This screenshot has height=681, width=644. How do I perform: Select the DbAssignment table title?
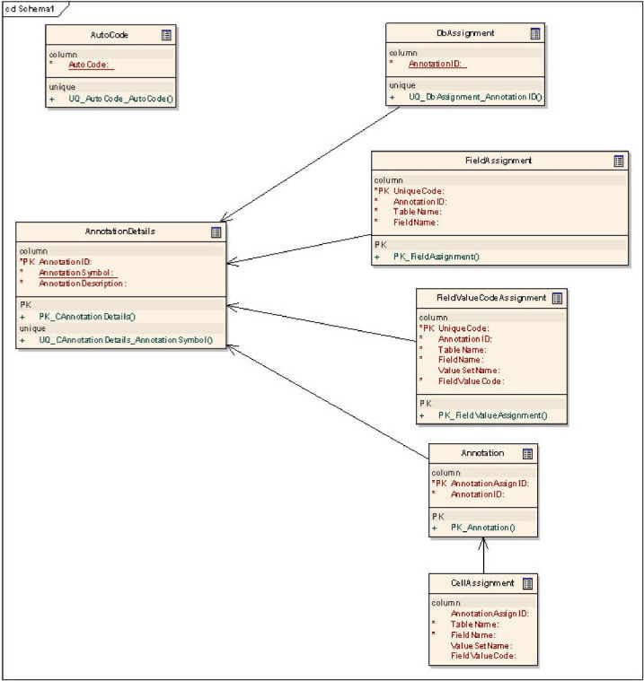point(453,32)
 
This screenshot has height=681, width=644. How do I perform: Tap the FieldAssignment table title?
point(493,161)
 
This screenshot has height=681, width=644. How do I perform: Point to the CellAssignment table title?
point(471,583)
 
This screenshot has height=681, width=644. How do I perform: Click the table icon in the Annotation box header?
point(527,454)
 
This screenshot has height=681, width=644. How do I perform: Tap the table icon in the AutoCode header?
point(166,35)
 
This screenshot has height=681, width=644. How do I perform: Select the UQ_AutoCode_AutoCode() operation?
point(120,98)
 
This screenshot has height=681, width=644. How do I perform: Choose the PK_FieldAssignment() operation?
point(437,257)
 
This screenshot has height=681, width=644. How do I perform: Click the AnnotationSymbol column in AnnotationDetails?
point(79,273)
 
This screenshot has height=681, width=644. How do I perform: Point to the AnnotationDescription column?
point(83,284)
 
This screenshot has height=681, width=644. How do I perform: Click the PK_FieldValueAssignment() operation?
point(492,415)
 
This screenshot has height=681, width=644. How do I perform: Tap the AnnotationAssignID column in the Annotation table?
point(490,484)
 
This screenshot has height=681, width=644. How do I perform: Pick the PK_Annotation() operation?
point(482,528)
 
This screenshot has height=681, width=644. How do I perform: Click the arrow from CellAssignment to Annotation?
point(484,556)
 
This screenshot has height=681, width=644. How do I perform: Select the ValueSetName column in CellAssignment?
point(481,645)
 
